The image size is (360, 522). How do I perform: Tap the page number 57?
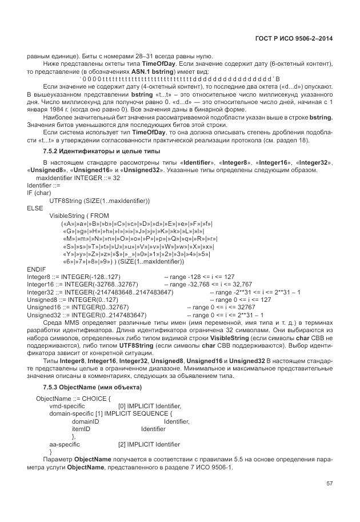[x=329, y=483]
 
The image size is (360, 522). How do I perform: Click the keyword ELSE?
[x=35, y=208]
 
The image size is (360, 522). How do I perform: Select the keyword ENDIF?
[x=36, y=268]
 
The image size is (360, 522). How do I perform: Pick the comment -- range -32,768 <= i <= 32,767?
[x=208, y=284]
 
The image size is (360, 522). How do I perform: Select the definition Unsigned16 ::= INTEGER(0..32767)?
[x=77, y=306]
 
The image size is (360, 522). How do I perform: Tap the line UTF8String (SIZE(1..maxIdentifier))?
[x=99, y=201]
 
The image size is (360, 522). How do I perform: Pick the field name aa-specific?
[x=65, y=444]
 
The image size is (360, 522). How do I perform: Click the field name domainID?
[x=85, y=421]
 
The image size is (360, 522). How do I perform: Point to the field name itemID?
[x=81, y=428]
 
